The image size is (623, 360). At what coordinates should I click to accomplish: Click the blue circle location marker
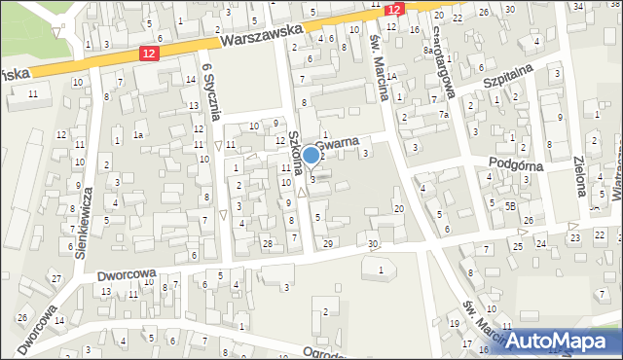coord(311,155)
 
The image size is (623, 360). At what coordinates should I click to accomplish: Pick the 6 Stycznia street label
coord(208,90)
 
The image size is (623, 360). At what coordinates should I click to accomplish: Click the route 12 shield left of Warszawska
coord(148,54)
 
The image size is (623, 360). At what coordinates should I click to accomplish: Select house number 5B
coord(510,205)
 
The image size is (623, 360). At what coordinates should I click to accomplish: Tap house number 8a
coord(427,50)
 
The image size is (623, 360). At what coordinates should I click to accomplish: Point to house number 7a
coord(444,115)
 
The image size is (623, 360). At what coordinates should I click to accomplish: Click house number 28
coord(267,242)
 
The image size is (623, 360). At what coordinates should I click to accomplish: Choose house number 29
coord(328,242)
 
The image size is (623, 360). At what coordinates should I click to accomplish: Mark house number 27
coord(55,279)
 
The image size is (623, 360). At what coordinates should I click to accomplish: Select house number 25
coord(518,246)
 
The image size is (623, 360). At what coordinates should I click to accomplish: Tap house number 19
coord(454,322)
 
